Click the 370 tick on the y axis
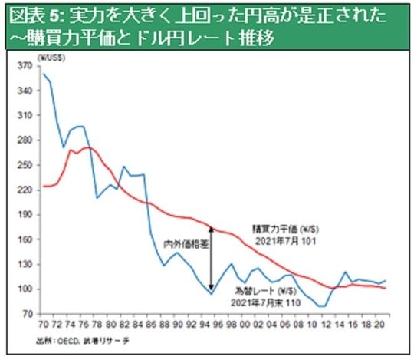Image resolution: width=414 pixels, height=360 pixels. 25,66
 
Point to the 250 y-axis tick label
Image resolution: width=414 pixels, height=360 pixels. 25,165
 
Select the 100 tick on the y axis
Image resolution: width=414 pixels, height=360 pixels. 25,289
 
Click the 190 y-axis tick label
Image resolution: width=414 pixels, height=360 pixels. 25,215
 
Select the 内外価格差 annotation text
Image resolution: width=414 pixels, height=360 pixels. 185,244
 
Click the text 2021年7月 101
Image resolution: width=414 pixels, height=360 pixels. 284,240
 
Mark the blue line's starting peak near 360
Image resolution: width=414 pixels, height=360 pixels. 44,74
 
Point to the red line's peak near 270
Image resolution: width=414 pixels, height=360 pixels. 87,147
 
